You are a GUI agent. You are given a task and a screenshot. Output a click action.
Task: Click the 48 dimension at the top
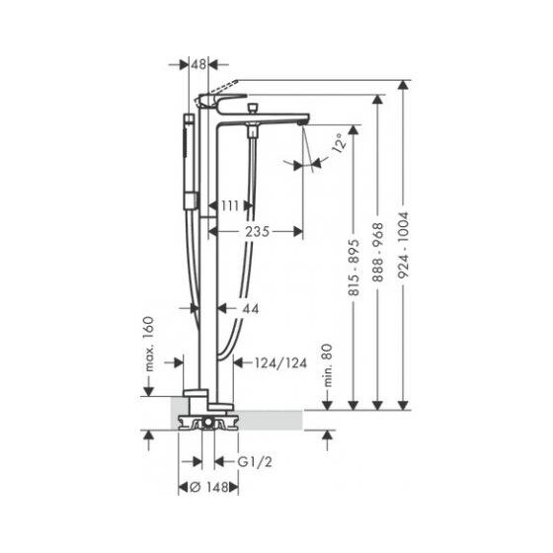click(198, 64)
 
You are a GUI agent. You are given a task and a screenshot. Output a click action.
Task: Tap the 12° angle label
click(339, 143)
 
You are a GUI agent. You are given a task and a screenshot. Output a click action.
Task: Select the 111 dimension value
click(230, 205)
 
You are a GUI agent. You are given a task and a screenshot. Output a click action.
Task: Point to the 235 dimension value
click(257, 232)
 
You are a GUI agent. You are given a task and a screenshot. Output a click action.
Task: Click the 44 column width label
click(251, 309)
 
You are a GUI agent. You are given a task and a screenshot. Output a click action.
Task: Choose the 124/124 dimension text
click(280, 362)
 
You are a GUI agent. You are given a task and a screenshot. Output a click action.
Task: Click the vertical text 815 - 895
click(354, 268)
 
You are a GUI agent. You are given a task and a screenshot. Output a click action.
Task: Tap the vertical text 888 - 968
click(377, 253)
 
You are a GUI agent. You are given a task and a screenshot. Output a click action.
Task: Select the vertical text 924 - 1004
click(403, 245)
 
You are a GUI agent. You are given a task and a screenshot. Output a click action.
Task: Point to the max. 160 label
click(149, 344)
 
